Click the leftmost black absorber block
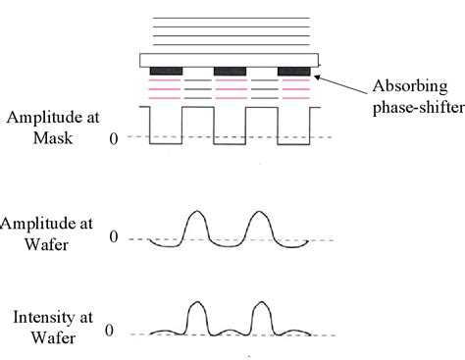tap(166, 72)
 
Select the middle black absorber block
tap(230, 72)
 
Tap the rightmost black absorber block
tap(294, 72)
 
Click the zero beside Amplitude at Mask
tap(114, 138)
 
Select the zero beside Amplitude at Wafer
tap(114, 237)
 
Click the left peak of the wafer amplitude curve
tap(196, 212)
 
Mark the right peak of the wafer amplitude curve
tap(260, 212)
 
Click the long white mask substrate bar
tap(230, 59)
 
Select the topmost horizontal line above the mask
tap(230, 17)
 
